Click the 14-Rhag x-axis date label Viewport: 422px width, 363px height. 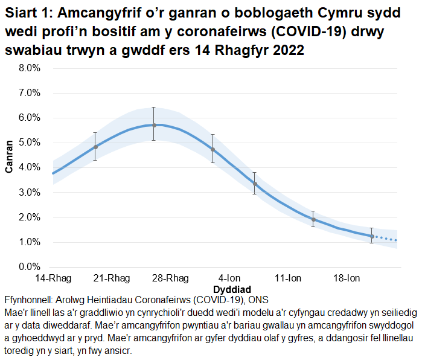tap(53, 278)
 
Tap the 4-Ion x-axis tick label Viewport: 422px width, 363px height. tap(229, 278)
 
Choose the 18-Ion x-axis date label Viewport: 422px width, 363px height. tap(347, 278)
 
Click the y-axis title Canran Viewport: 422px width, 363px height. tap(10, 157)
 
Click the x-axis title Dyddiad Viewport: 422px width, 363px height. tap(232, 289)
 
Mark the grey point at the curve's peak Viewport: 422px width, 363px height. tap(154, 125)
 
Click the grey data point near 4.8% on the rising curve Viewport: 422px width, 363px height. tap(95, 147)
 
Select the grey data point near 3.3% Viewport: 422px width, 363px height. tap(255, 184)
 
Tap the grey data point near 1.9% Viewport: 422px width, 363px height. tap(313, 220)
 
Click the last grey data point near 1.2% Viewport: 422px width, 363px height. tap(372, 236)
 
